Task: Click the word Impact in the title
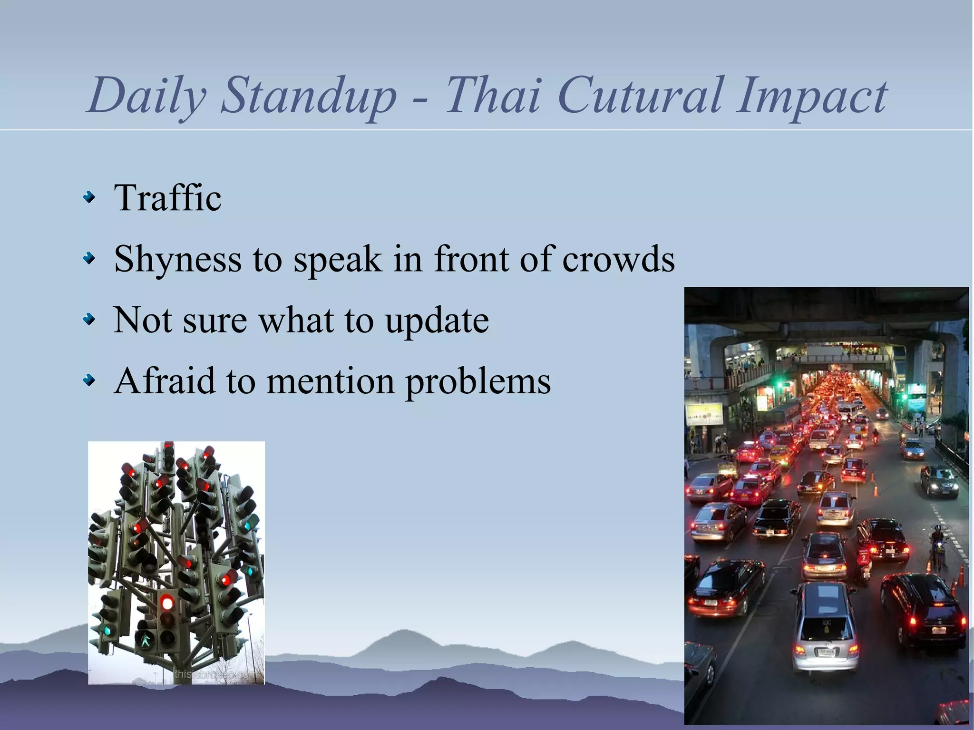[x=811, y=97]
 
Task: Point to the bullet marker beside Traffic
[x=89, y=197]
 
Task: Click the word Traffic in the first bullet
[x=167, y=197]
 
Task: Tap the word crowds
[x=618, y=259]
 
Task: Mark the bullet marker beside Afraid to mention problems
[x=89, y=380]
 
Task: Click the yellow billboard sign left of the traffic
[x=704, y=414]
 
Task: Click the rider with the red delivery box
[x=863, y=561]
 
